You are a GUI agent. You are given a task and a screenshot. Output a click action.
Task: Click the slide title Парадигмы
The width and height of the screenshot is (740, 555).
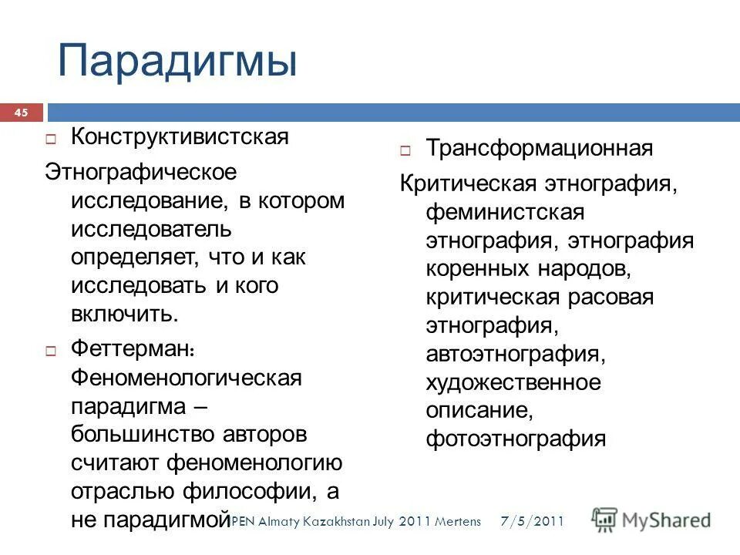click(177, 61)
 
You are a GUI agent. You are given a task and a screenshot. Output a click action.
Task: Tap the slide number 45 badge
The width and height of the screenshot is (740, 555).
click(21, 113)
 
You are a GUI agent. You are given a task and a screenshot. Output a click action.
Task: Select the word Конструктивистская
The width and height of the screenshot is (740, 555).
click(180, 137)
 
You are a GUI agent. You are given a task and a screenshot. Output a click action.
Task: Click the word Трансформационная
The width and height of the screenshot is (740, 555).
click(540, 148)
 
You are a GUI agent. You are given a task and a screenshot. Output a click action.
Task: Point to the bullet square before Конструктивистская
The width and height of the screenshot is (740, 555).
click(51, 140)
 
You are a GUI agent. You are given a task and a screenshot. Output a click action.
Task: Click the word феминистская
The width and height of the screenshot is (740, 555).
click(505, 212)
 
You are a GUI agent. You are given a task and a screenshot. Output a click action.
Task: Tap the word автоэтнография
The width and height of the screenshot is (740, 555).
click(514, 354)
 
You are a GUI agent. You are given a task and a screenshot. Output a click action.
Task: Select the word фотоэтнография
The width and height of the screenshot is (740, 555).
click(516, 439)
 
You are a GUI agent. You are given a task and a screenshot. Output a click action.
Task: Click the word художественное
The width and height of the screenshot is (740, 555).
click(513, 382)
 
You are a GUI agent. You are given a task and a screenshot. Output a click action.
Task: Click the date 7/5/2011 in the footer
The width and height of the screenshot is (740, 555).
click(531, 522)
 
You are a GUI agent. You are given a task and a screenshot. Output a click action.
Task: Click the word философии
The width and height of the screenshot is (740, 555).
click(249, 491)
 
